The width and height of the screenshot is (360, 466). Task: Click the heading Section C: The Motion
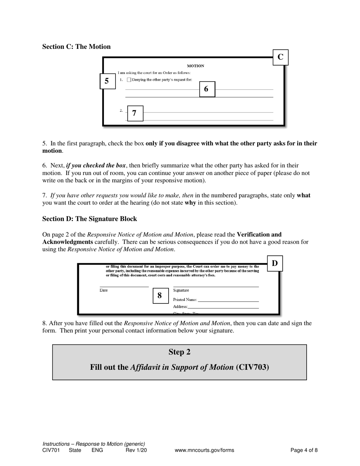[x=76, y=47]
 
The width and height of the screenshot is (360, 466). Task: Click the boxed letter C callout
[x=280, y=57]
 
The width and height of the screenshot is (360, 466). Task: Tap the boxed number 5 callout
[x=107, y=81]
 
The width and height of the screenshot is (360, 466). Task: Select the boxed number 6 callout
[x=207, y=89]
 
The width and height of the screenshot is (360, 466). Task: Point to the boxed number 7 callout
[x=135, y=113]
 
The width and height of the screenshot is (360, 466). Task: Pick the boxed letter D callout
[x=275, y=263]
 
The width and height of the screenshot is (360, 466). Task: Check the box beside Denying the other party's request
[x=129, y=80]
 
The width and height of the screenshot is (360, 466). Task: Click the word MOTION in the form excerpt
[x=196, y=66]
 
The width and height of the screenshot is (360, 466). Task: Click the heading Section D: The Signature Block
[x=89, y=219]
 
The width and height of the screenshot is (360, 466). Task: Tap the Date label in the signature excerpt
[x=103, y=290]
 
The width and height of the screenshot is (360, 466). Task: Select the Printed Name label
[x=185, y=299]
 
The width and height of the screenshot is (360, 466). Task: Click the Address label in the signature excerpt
[x=180, y=306]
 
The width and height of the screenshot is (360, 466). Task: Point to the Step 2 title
[x=179, y=352]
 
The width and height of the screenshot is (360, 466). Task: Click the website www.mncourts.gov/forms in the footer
[x=204, y=450]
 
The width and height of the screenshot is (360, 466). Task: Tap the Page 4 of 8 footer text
[x=304, y=450]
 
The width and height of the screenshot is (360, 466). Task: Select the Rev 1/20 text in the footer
[x=136, y=450]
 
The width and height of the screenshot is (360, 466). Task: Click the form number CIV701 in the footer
[x=51, y=450]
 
